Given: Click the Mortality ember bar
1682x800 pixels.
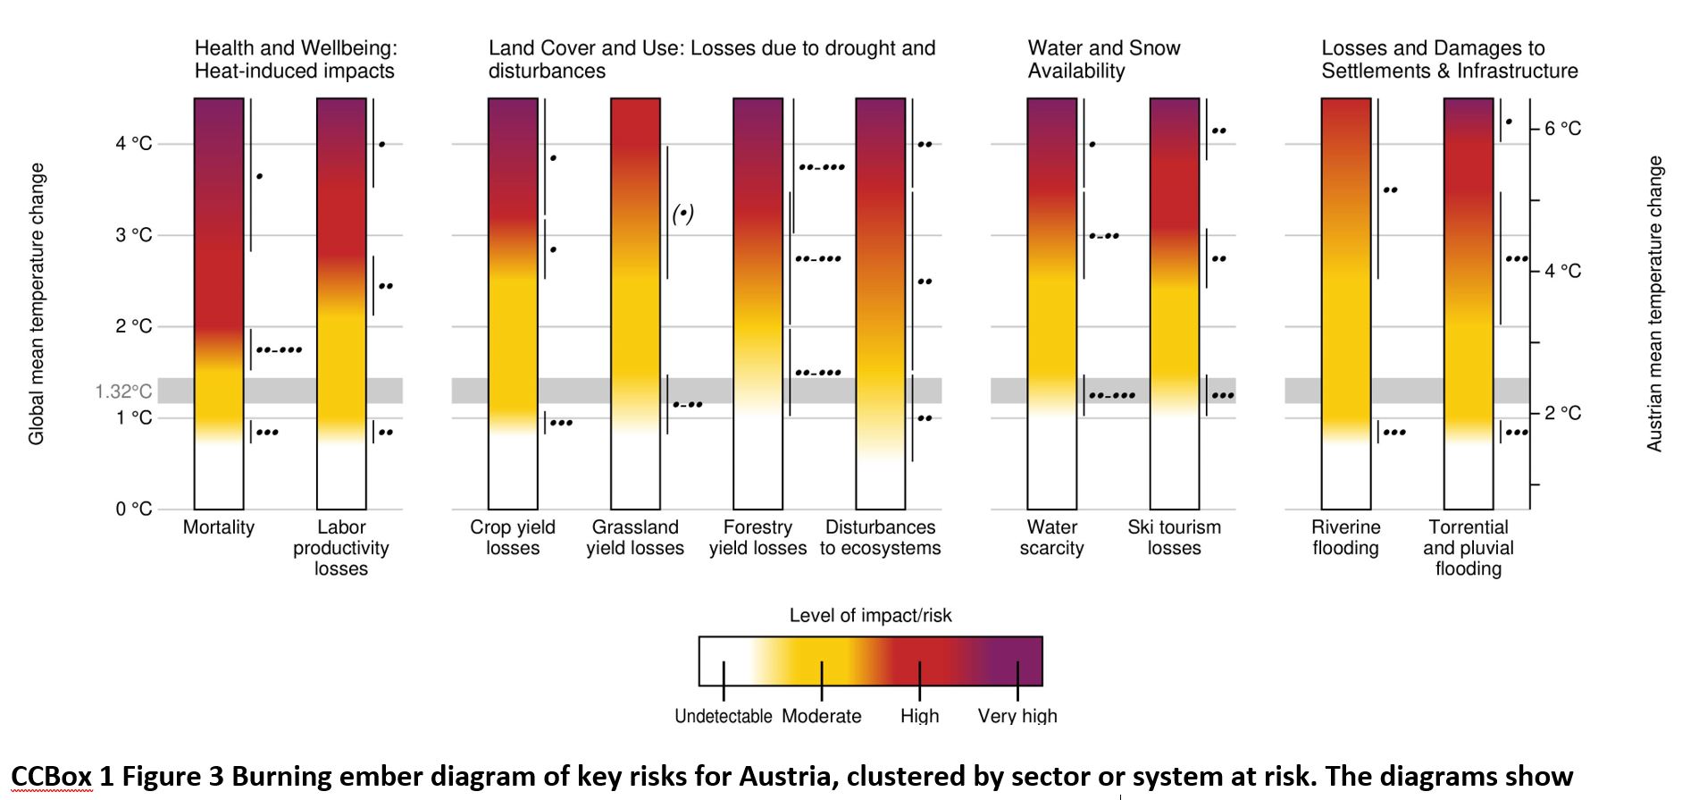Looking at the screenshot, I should [x=219, y=304].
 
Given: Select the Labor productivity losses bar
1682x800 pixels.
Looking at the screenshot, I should [x=341, y=304].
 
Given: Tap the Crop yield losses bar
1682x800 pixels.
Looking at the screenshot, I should [x=513, y=304].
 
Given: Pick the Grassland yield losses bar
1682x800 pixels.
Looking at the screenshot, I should [x=635, y=304].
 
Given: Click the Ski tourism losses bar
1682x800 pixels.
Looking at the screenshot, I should [x=1174, y=304].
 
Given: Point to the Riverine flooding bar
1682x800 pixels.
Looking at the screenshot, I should [x=1345, y=304].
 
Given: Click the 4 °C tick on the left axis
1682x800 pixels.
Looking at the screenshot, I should [x=133, y=144].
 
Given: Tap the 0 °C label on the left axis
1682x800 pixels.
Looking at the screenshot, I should [x=133, y=509].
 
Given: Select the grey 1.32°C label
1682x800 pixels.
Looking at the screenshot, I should [x=123, y=392].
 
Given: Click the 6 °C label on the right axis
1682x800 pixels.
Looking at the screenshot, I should [x=1562, y=129].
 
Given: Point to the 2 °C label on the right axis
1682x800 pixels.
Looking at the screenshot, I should [x=1562, y=413].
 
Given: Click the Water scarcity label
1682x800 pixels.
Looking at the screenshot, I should [x=1051, y=538].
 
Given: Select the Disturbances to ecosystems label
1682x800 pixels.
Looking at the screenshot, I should [x=880, y=538].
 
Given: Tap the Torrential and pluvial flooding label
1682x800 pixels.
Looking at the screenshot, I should [x=1468, y=548].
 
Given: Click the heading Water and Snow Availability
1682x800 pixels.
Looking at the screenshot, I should [x=1103, y=59].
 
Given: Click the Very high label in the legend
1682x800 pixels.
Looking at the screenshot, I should [x=1017, y=716].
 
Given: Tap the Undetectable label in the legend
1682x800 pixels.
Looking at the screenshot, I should [x=723, y=716].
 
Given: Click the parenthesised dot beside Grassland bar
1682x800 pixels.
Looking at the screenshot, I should [x=682, y=214].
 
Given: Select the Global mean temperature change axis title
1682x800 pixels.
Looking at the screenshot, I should [x=37, y=304].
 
